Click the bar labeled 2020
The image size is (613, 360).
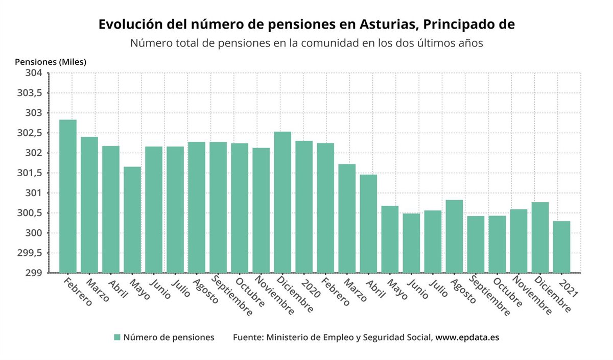coord(304,207)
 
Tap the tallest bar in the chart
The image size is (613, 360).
coord(68,196)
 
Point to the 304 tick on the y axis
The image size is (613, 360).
coord(34,73)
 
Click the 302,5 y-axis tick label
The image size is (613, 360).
coord(31,133)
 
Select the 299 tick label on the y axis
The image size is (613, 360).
coord(34,273)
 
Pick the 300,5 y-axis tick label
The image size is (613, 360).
coord(31,213)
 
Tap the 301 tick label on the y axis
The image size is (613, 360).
coord(34,193)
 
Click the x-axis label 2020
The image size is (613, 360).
coord(312,289)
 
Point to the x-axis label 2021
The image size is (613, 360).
coord(569,289)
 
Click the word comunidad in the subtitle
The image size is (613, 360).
coord(338,43)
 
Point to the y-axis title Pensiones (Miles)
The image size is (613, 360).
coord(51,62)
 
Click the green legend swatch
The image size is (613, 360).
coord(117,337)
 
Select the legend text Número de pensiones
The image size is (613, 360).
coord(169,338)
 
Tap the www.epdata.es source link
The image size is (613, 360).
coord(467,338)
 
